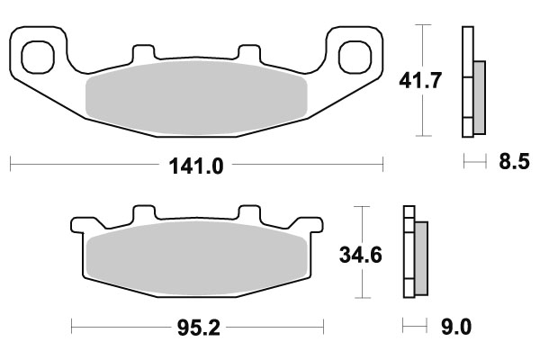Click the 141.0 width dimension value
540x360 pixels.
(196, 165)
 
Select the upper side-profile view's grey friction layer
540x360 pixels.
(478, 94)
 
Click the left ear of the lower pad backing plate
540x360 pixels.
(81, 225)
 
